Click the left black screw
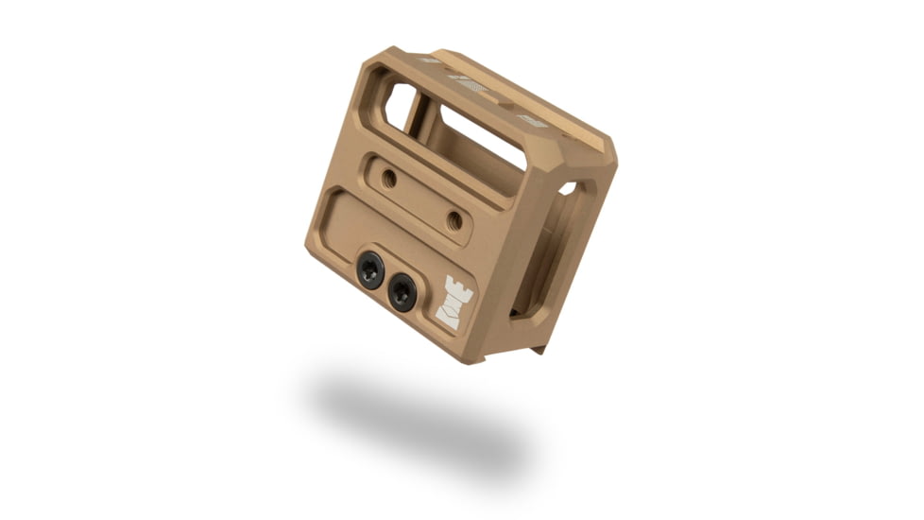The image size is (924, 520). coord(370,270)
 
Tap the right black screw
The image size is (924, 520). coord(402,292)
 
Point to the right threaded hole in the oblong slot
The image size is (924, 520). coord(454,221)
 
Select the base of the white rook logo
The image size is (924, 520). coord(451,321)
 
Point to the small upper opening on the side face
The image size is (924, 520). coord(569,188)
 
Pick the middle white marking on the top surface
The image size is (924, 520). coord(473,86)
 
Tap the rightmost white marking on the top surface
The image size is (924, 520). coord(532,121)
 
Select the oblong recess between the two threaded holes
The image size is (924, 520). coord(421,199)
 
